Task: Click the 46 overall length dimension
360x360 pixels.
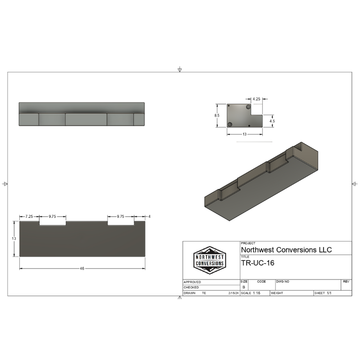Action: point(82,269)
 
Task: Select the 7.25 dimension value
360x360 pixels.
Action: point(30,216)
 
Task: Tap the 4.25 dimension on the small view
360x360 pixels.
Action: point(256,99)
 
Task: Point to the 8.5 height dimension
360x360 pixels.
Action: point(217,116)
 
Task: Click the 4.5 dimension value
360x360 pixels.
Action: point(272,121)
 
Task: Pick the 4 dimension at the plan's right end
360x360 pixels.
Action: point(149,216)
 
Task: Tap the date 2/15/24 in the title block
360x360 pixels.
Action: point(233,293)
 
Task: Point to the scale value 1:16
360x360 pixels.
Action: point(257,293)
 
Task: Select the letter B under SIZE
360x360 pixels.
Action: point(244,287)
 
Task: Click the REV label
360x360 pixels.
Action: point(346,281)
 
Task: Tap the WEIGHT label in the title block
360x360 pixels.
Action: point(277,293)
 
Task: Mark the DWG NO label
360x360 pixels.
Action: point(283,281)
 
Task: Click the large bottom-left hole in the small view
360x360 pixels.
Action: point(230,124)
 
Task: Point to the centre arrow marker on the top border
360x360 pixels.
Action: point(180,70)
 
